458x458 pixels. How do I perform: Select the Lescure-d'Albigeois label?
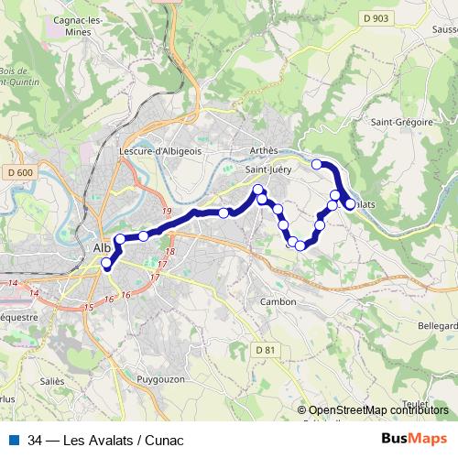tap(160, 152)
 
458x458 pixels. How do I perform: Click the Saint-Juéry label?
tap(267, 169)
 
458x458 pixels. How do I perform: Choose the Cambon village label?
tap(278, 301)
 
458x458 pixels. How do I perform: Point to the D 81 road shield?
tap(265, 350)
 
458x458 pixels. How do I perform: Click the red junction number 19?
tap(166, 213)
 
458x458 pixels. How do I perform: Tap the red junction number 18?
tap(169, 251)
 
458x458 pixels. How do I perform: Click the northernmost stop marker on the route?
tap(317, 164)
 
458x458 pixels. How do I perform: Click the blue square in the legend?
tap(13, 439)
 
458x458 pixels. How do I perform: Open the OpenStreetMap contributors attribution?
tap(377, 411)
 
